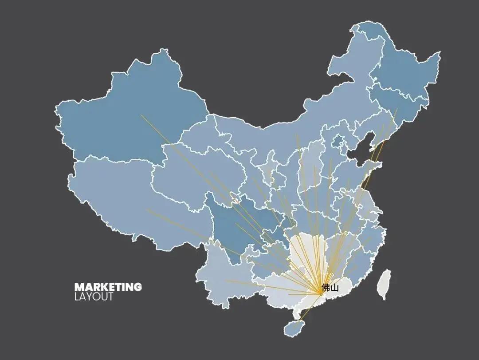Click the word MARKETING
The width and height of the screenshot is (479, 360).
(x=108, y=287)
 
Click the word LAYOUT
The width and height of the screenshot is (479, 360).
(x=94, y=297)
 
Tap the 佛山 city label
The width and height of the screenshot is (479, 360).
(x=330, y=288)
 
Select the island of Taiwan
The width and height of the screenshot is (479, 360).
(x=384, y=284)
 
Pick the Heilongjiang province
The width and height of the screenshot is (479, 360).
(x=399, y=67)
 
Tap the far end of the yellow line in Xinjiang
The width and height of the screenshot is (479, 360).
(x=141, y=115)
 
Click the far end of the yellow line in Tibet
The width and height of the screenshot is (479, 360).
(x=147, y=210)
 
